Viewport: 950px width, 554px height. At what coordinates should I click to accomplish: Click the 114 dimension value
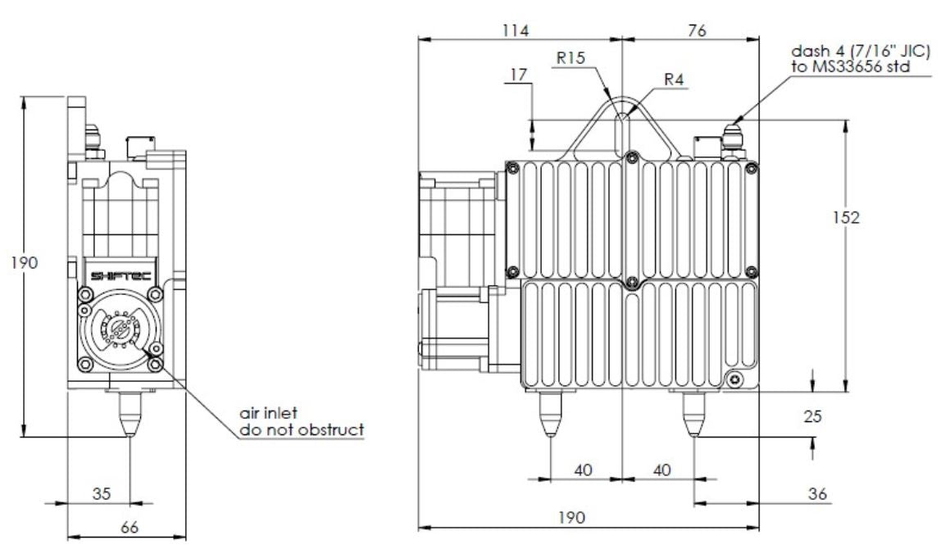coord(515,30)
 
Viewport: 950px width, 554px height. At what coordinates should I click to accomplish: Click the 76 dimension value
coord(697,30)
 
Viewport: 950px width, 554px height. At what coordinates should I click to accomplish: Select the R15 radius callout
coord(570,58)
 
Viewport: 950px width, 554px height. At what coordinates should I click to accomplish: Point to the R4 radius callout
coord(674,79)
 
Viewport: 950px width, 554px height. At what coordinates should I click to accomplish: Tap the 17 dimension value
coord(519,75)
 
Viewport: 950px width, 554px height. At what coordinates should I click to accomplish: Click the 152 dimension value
coord(846,217)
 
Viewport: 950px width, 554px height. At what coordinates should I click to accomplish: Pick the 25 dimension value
coord(812,416)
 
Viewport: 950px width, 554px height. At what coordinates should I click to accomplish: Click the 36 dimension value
coord(817,494)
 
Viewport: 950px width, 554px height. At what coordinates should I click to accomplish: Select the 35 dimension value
coord(102,494)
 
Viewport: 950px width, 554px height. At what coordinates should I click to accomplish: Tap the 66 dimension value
coord(129,527)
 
